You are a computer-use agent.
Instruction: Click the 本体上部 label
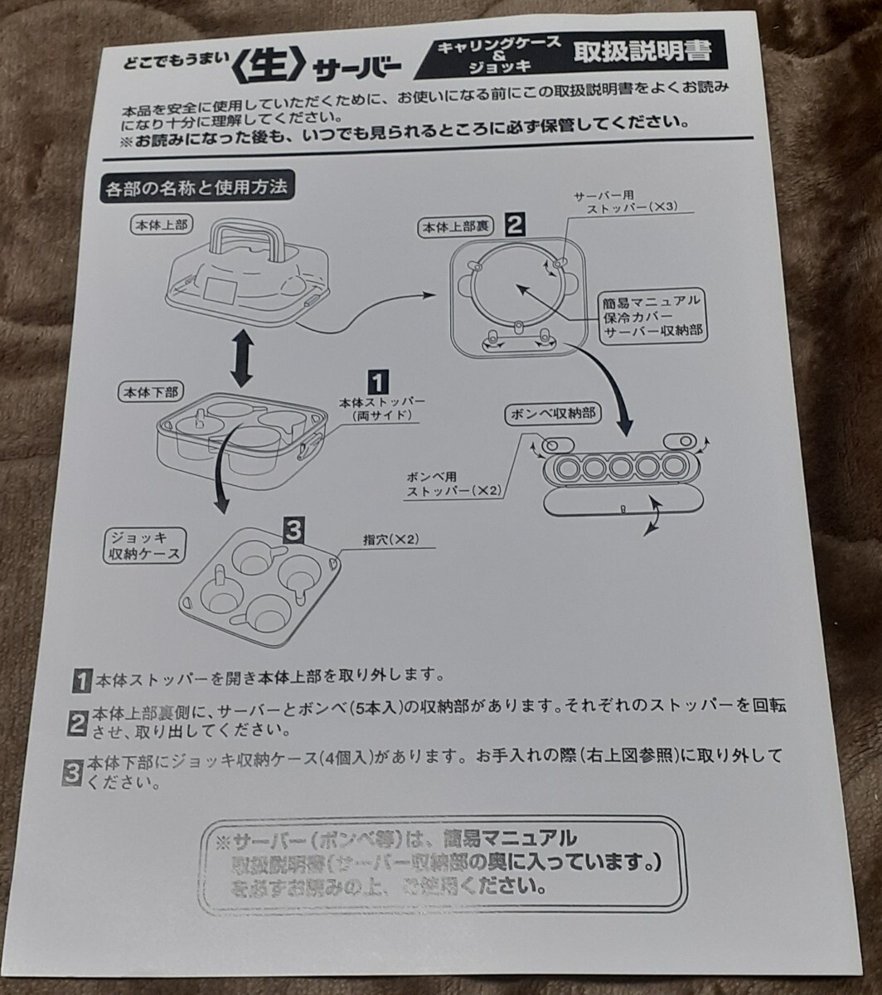pyautogui.click(x=159, y=226)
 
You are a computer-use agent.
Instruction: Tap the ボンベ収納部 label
pyautogui.click(x=554, y=413)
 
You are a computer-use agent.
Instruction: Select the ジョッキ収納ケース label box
pyautogui.click(x=143, y=546)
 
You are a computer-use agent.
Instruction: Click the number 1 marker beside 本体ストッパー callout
pyautogui.click(x=376, y=381)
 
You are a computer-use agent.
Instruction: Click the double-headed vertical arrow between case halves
pyautogui.click(x=240, y=356)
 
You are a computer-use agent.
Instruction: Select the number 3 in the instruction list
pyautogui.click(x=73, y=771)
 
